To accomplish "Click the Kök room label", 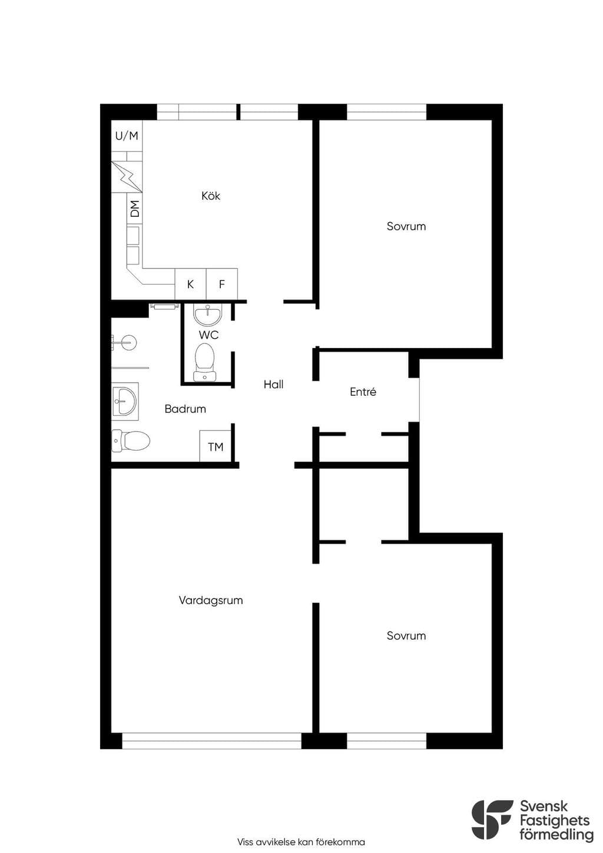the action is [210, 196].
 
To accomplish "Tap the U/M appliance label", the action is [127, 135].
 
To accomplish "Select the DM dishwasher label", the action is [135, 209].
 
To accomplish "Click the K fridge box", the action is [190, 284].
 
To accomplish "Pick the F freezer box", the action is [222, 284].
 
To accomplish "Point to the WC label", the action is [208, 335].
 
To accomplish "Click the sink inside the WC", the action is [207, 316].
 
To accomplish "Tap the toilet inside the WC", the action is [205, 362].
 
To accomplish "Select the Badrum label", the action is [185, 409].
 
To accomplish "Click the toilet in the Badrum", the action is [131, 441].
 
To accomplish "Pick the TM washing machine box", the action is [215, 447].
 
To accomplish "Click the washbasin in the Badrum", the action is [125, 401].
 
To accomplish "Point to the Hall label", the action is [273, 384].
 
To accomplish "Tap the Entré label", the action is [363, 392].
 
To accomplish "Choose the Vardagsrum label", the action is [210, 600].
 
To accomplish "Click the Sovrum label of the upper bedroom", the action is [406, 226].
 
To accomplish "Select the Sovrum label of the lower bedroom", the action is [406, 636].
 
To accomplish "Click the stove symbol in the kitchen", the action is [127, 177].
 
